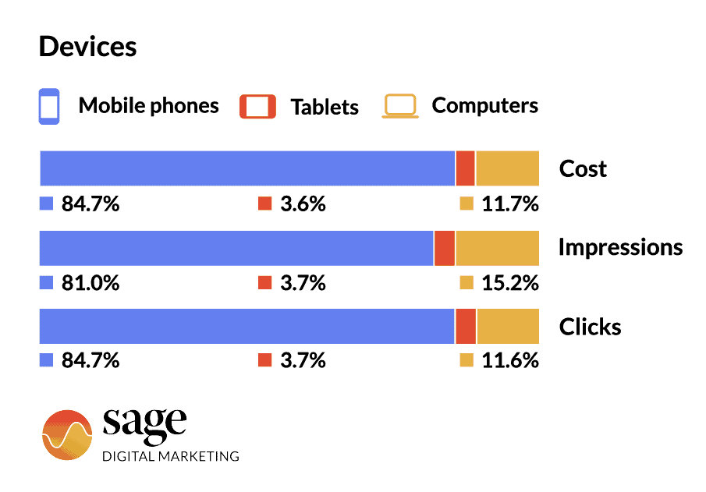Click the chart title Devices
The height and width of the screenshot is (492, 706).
point(87,47)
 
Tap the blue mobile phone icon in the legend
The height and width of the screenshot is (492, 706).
point(49,106)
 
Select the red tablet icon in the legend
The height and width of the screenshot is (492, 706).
point(257,106)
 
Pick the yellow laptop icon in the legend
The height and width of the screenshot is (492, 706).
point(400,106)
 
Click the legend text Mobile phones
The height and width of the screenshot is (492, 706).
point(148,106)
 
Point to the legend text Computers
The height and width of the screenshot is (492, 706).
point(484,106)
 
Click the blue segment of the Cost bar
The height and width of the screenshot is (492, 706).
point(247,168)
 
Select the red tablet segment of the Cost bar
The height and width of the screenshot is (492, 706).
point(465,168)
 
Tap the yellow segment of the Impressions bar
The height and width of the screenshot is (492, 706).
point(497,248)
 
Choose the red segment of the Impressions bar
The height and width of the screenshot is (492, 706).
point(445,248)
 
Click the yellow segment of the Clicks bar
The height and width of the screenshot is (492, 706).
point(507,326)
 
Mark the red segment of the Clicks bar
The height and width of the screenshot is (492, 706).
point(466,326)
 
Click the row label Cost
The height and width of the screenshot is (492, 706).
point(583,169)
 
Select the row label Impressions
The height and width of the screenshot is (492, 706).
point(620,248)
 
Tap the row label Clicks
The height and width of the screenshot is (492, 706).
point(590,327)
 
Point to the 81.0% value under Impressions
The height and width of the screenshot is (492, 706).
point(90,283)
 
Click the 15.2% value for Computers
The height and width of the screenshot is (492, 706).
point(509,283)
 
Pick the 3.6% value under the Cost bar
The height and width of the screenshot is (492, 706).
point(303,204)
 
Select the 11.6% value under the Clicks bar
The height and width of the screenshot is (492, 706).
point(509,361)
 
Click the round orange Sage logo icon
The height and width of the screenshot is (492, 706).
point(67,435)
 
